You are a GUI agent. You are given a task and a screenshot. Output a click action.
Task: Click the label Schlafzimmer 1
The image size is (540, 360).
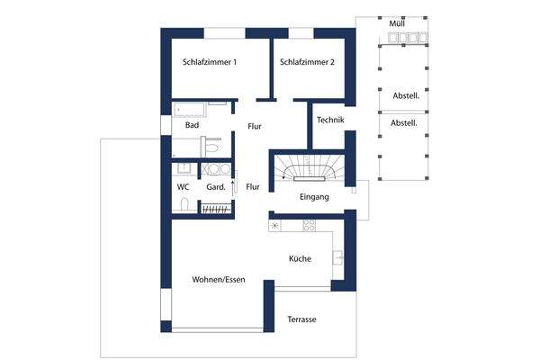click(210, 63)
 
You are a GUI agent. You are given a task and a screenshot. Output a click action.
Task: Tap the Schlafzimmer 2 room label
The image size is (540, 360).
click(307, 63)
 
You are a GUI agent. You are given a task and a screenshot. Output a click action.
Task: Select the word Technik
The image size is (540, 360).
click(330, 120)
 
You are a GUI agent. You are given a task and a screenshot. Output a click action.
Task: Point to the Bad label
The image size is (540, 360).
click(192, 126)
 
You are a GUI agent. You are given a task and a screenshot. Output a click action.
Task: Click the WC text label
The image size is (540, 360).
click(183, 187)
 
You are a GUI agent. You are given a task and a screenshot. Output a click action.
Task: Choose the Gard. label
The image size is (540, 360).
click(216, 187)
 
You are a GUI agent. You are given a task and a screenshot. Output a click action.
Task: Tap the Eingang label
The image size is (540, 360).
click(314, 196)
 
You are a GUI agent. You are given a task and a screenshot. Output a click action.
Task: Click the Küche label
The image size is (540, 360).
click(300, 259)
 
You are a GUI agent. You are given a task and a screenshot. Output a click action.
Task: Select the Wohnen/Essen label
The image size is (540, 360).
click(219, 280)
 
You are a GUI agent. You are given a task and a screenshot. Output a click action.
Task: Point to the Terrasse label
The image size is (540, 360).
click(302, 320)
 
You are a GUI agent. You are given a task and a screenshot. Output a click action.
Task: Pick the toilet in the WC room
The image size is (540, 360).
click(184, 205)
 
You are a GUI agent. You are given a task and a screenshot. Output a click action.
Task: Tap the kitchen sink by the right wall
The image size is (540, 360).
click(339, 257)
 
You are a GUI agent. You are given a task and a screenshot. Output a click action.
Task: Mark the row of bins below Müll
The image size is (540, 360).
click(407, 38)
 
